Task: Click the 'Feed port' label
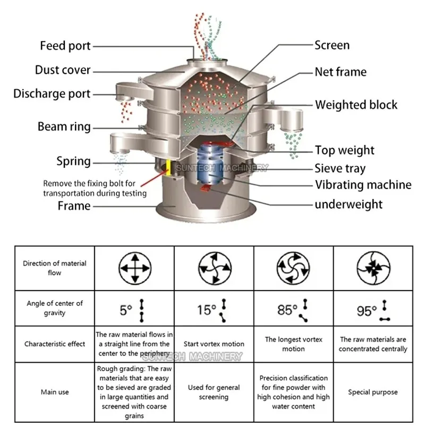65,46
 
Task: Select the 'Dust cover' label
63,70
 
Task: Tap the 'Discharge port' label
52,94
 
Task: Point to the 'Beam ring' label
64,127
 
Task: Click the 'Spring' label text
73,161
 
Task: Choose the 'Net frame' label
341,72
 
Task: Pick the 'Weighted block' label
356,105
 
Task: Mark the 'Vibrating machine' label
363,185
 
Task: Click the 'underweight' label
348,204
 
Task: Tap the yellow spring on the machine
168,167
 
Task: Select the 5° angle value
125,310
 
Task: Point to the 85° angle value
287,310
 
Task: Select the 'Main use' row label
55,392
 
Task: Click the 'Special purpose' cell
373,392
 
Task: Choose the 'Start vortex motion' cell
214,344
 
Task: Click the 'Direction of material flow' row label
55,268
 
